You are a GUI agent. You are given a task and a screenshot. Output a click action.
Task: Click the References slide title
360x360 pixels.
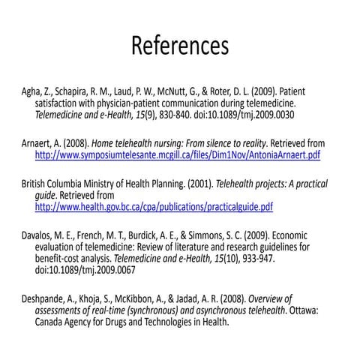tap(180, 46)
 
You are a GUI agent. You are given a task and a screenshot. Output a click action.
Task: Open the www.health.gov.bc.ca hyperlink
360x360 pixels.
tap(154, 207)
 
